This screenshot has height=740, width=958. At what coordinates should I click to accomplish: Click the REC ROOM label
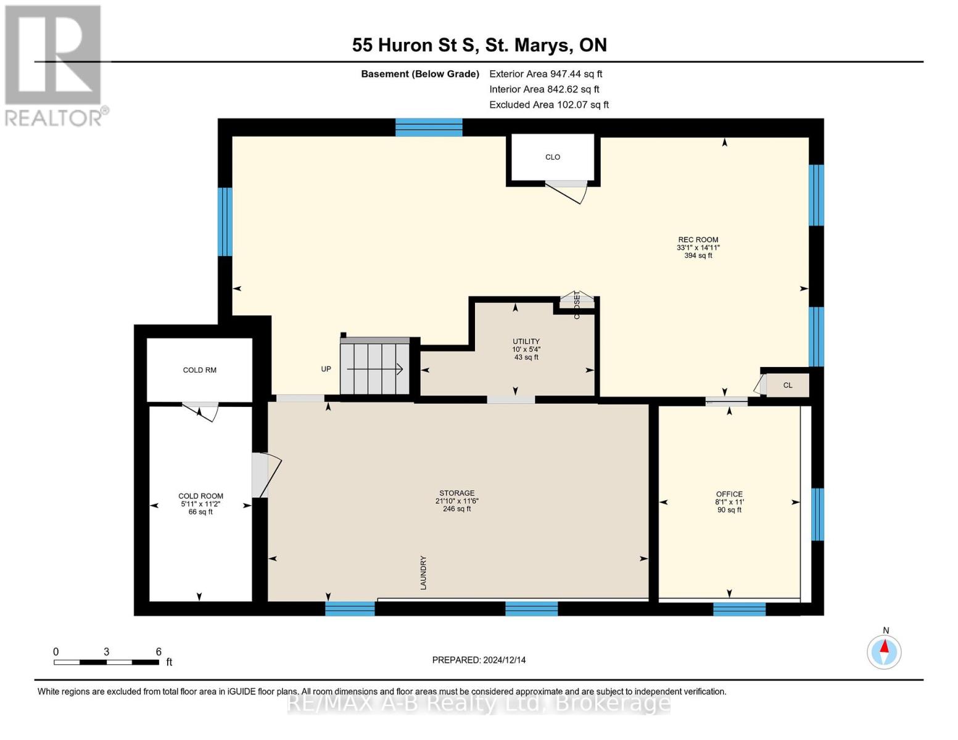[x=698, y=240]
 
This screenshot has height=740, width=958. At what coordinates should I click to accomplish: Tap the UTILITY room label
[x=526, y=341]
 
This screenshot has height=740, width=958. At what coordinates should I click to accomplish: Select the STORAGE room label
[x=456, y=493]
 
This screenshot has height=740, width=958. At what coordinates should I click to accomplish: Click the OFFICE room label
[x=729, y=494]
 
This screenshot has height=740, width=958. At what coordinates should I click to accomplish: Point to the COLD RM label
[x=199, y=370]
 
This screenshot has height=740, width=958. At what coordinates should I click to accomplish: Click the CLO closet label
[x=552, y=157]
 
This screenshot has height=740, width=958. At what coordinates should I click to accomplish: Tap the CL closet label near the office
[x=787, y=385]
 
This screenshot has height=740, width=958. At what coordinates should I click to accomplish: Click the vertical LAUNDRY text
[x=424, y=572]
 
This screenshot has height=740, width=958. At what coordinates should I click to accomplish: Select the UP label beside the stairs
[x=326, y=369]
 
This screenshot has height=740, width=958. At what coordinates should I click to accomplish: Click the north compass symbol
[x=884, y=651]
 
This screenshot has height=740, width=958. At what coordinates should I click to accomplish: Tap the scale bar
[x=106, y=662]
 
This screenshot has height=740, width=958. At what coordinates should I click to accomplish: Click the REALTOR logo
[x=54, y=65]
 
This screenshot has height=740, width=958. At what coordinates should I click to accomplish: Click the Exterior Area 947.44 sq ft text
[x=545, y=74]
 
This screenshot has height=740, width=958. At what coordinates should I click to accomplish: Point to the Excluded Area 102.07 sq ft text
[x=548, y=105]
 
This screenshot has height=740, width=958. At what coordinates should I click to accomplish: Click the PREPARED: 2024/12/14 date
[x=479, y=660]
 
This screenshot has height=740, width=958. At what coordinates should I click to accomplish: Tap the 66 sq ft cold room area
[x=200, y=512]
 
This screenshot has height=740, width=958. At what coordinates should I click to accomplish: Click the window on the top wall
[x=429, y=127]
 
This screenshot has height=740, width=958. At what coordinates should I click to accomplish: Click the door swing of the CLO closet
[x=568, y=192]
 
